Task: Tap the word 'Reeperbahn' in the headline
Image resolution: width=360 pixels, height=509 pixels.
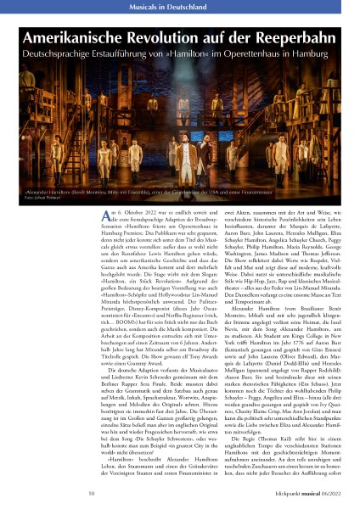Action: pos(292,38)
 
